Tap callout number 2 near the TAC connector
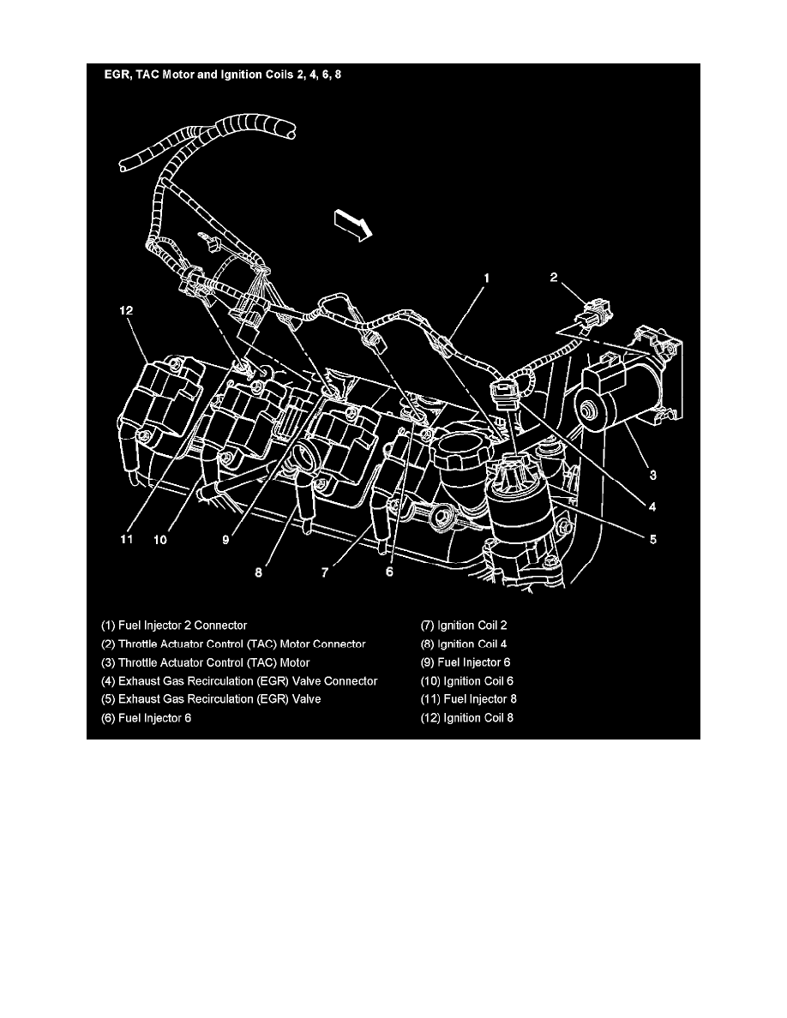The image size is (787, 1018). click(x=555, y=277)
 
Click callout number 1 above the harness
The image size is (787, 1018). click(x=487, y=278)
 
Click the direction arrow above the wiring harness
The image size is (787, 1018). click(x=352, y=227)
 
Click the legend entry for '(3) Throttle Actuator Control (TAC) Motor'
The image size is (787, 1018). click(x=206, y=662)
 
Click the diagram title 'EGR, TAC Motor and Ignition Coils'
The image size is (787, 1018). click(x=223, y=75)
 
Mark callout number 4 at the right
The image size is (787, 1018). click(x=653, y=506)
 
